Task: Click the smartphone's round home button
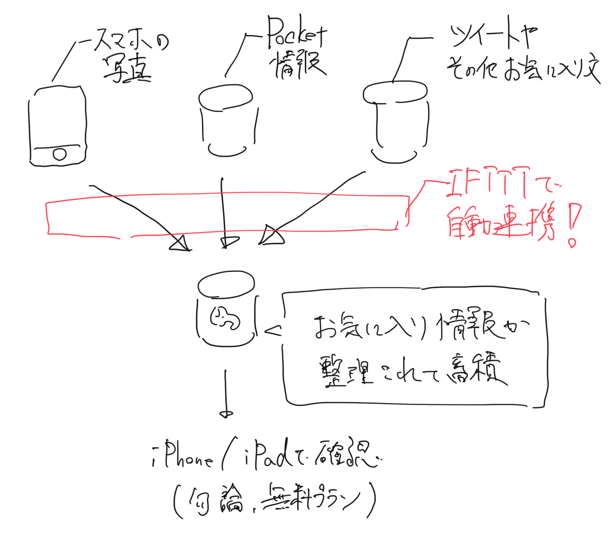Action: (59, 154)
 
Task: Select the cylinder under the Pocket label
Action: (227, 120)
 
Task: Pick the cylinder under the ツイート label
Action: (396, 121)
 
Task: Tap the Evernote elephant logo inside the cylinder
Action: (225, 318)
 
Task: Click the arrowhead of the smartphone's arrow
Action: (181, 244)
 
